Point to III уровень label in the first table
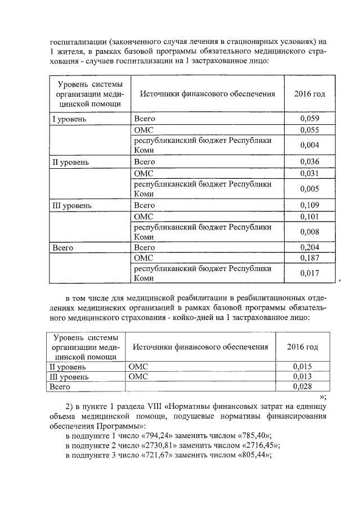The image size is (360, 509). [x=72, y=206]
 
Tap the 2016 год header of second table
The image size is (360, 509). [x=303, y=347]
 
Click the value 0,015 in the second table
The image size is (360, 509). [x=303, y=367]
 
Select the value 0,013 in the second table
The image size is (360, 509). [x=303, y=377]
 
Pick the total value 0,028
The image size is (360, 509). [x=303, y=387]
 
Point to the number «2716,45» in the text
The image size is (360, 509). [x=254, y=445]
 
